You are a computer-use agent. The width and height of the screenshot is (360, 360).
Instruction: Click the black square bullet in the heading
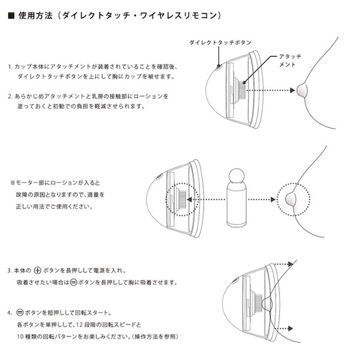pyautogui.click(x=11, y=16)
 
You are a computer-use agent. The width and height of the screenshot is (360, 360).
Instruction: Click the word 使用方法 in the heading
pyautogui.click(x=35, y=15)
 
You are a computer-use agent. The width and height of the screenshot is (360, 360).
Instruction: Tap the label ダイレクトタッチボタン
pyautogui.click(x=220, y=43)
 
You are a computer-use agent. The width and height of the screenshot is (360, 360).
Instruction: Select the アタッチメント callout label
pyautogui.click(x=290, y=61)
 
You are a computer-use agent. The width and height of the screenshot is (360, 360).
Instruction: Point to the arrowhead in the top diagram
pyautogui.click(x=292, y=90)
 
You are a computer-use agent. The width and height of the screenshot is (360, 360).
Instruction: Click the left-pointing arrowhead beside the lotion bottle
pyautogui.click(x=189, y=199)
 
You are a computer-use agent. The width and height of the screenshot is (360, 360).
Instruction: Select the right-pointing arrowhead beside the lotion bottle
pyautogui.click(x=273, y=199)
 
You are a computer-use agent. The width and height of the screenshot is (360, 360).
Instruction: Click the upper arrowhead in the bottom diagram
pyautogui.click(x=291, y=264)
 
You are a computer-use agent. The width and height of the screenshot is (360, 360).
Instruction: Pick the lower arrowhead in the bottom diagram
pyautogui.click(x=291, y=328)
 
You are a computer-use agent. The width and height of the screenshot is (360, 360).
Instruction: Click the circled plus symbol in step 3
pyautogui.click(x=37, y=271)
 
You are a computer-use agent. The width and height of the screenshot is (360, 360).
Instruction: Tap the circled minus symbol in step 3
pyautogui.click(x=73, y=282)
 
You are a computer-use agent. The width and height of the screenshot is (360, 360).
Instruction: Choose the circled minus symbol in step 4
pyautogui.click(x=20, y=313)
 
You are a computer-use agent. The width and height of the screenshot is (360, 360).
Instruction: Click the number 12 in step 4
pyautogui.click(x=79, y=325)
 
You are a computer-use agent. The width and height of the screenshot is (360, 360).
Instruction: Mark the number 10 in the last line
pyautogui.click(x=20, y=337)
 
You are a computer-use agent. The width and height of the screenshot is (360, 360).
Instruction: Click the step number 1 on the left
pyautogui.click(x=10, y=67)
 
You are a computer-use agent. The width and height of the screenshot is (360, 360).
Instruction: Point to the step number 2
pyautogui.click(x=10, y=96)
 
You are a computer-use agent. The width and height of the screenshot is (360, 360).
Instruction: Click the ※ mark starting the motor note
pyautogui.click(x=13, y=183)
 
